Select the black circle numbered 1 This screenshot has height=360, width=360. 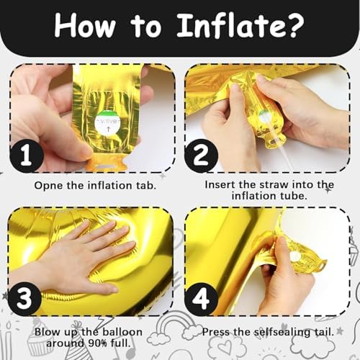point(27,156)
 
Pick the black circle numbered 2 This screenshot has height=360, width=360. point(201,156)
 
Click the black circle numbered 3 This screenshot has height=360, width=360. point(24,298)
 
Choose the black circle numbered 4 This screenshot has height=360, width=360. point(201,299)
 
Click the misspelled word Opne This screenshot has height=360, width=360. point(49,186)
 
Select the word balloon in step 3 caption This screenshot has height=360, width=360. point(122,332)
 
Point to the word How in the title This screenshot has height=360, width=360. point(84,25)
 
